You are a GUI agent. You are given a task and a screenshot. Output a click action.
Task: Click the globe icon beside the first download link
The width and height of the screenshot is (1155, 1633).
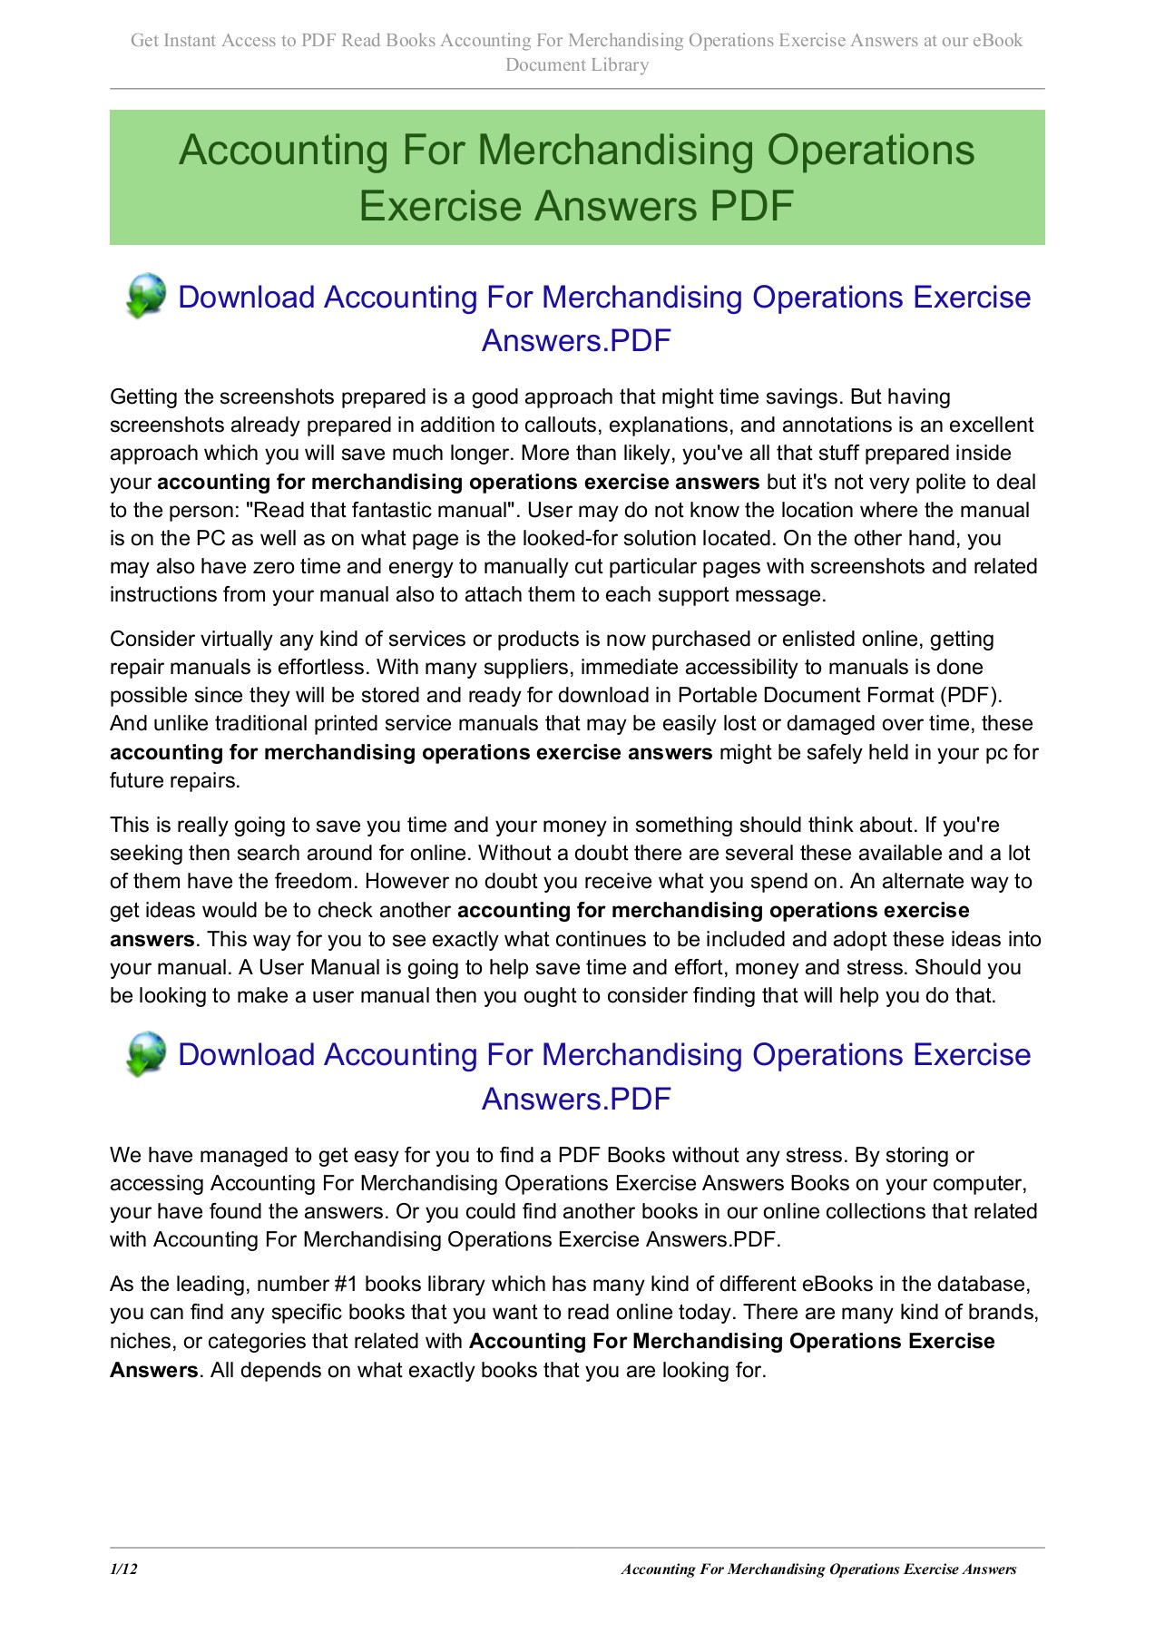145,297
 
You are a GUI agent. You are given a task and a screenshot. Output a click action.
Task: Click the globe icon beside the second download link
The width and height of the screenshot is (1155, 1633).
145,1054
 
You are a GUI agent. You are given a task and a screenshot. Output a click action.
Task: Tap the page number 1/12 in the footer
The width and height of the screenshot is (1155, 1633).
123,1569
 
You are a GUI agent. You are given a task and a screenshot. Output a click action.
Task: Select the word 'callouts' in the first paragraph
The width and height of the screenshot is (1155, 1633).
563,425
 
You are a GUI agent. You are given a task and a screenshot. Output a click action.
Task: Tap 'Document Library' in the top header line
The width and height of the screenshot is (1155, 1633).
577,64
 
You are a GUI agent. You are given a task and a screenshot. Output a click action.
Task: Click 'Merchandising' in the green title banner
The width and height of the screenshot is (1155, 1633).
616,150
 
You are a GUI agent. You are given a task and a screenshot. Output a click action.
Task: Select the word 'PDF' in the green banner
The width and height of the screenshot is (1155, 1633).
752,206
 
